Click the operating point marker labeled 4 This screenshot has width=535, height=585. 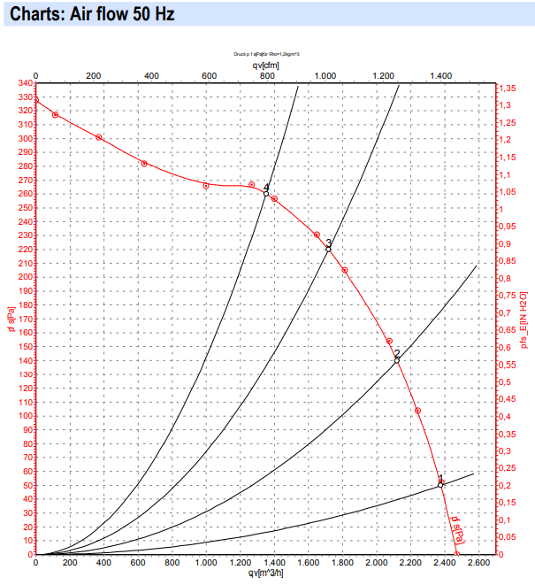[266, 193]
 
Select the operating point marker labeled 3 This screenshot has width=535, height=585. [328, 249]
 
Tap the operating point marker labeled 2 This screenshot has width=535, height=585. [397, 360]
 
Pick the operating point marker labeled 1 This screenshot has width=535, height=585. [440, 484]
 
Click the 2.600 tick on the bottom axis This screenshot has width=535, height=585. [478, 563]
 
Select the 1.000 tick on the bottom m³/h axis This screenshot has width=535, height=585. [206, 563]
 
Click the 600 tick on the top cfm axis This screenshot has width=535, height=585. [210, 75]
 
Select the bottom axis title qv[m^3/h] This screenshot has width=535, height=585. [264, 573]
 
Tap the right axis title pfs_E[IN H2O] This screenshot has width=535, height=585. [524, 319]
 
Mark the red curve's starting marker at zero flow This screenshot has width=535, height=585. [35, 99]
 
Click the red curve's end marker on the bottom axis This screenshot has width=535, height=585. [457, 554]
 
